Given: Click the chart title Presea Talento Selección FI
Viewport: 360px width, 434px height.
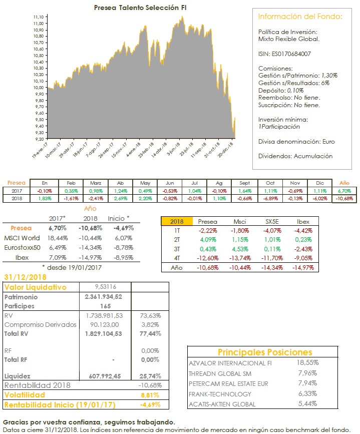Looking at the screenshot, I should tap(137, 8).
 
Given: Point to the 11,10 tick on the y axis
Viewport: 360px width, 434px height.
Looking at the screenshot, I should tap(39, 17).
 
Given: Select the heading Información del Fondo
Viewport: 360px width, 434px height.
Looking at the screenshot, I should tap(300, 17).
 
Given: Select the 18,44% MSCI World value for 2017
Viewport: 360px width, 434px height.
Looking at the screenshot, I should tap(59, 237).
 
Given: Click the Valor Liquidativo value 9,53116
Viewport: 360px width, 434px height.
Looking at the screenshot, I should tap(105, 287).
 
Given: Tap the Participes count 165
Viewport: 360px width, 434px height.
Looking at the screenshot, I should tap(105, 306).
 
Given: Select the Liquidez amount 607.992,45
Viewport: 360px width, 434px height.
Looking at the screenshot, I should tap(105, 375).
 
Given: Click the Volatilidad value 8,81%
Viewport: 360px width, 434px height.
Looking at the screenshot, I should tap(150, 395).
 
